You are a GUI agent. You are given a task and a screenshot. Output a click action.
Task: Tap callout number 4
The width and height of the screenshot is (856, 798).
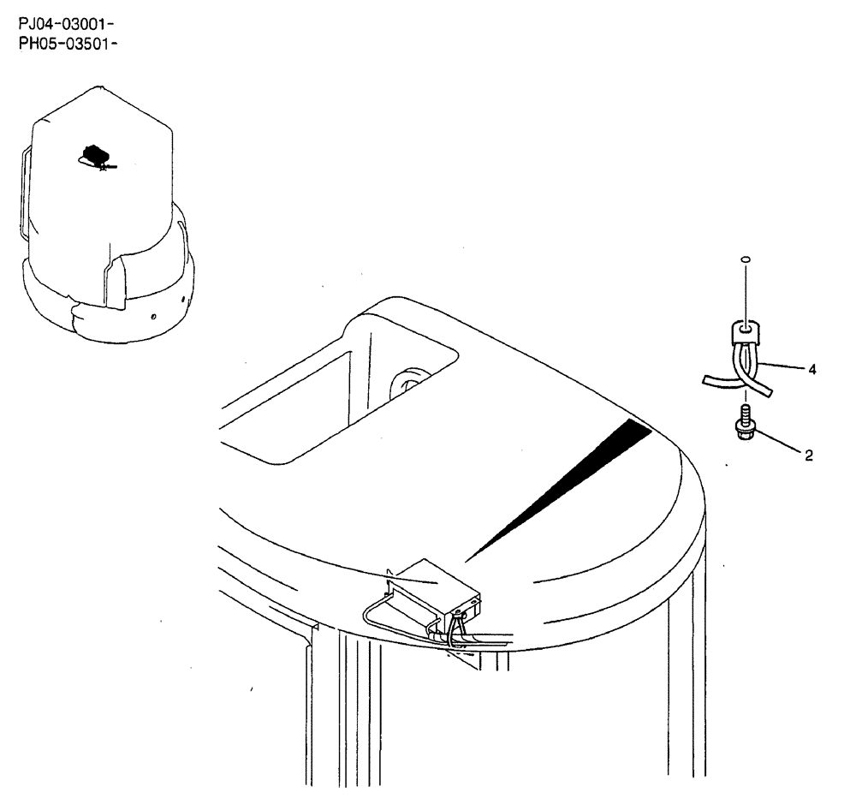pos(811,370)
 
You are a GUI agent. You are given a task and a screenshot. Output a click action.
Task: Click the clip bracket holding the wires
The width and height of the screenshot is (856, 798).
pos(746,331)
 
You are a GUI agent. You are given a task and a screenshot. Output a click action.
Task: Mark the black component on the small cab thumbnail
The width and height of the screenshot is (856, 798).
pos(95,155)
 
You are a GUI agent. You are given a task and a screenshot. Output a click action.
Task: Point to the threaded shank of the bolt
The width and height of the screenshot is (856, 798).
pos(746,414)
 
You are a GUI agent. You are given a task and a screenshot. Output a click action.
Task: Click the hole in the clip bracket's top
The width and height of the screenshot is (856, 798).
pos(746,326)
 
